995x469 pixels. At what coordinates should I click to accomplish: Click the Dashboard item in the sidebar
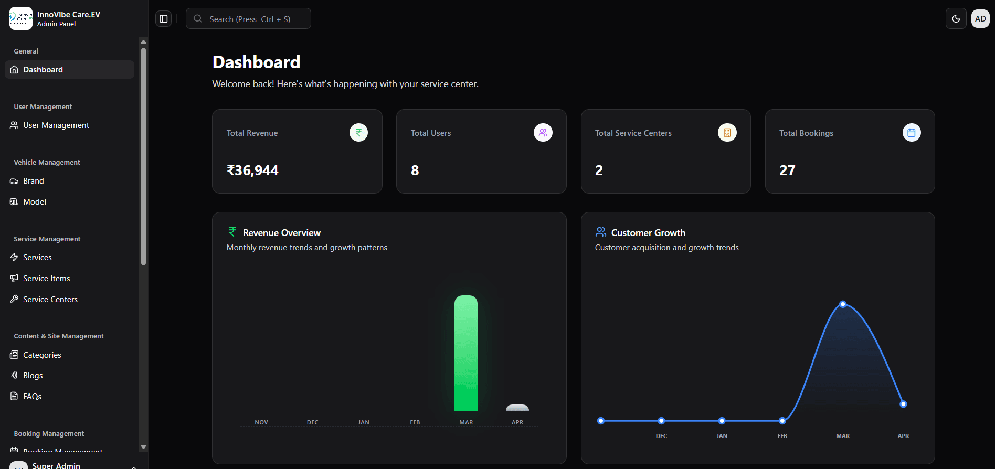point(43,70)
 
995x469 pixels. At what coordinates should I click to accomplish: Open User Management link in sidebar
point(56,125)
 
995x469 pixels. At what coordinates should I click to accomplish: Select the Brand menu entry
point(33,181)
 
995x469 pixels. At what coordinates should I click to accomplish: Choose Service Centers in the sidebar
point(50,300)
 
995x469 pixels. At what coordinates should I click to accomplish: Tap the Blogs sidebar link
point(33,376)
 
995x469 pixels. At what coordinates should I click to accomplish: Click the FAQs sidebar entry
point(32,397)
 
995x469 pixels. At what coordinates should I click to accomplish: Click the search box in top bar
point(248,19)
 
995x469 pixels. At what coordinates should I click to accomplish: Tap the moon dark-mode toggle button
point(956,19)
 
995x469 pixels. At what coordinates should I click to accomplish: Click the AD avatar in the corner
point(980,19)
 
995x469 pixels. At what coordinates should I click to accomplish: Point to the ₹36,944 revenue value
point(252,170)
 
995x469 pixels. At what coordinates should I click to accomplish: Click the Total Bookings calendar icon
point(911,133)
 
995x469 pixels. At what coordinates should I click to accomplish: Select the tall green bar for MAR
point(465,353)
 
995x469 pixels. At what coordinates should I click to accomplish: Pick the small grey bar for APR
point(517,408)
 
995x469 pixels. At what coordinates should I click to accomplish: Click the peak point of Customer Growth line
point(843,304)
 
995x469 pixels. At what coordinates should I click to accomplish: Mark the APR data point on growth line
point(903,404)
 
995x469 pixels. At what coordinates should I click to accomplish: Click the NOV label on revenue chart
point(261,422)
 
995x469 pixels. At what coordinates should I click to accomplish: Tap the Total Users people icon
point(543,133)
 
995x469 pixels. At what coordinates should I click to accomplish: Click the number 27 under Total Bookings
point(787,170)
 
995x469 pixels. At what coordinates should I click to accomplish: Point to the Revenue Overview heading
point(281,233)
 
